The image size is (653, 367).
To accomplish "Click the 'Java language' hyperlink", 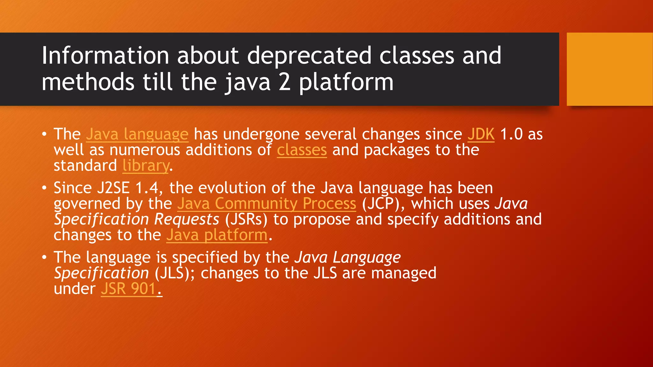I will [x=137, y=134].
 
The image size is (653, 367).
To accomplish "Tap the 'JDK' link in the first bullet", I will [x=481, y=134].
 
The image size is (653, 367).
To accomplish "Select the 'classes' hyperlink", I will [x=302, y=150].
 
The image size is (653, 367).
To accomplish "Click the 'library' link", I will [x=146, y=166].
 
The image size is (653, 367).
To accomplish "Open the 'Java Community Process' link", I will [x=267, y=204].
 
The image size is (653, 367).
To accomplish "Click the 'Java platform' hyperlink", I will [x=217, y=235].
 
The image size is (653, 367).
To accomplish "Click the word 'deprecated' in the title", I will [x=309, y=55].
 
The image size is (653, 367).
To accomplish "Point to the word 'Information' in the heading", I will [x=105, y=55].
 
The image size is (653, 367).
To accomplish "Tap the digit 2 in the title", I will [x=284, y=82].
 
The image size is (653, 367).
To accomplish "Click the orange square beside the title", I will [x=610, y=69].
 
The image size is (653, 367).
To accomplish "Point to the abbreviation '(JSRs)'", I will [x=246, y=219].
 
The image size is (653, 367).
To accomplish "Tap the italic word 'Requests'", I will [x=187, y=219].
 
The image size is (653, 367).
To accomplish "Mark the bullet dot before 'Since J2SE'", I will [x=44, y=188].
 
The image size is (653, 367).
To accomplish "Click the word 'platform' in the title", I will [x=346, y=82].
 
